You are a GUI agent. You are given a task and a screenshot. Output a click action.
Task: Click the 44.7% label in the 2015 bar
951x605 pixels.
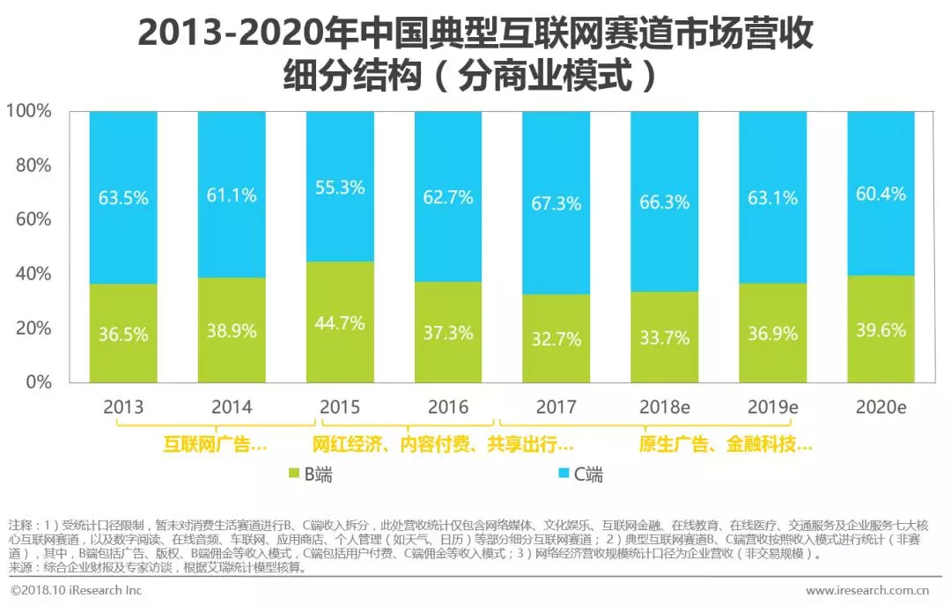coord(340,323)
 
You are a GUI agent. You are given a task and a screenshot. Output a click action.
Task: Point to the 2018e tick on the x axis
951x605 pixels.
coord(664,407)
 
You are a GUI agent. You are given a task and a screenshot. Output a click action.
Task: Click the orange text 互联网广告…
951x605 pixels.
coord(215,445)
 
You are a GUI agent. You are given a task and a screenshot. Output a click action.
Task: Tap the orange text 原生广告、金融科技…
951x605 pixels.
coord(726,445)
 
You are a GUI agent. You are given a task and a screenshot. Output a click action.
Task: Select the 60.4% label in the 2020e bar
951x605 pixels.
coord(881,194)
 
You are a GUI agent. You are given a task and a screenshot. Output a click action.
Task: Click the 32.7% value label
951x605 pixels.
coord(556,338)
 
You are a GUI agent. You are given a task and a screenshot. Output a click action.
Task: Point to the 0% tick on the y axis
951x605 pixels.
coord(40,382)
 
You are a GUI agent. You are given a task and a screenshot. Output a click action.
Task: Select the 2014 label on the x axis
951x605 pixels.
coord(232,407)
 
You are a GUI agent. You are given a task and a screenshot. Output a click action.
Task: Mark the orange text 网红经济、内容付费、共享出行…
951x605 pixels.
coord(444,445)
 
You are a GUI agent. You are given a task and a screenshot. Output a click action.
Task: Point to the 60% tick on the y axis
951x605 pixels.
coord(33,220)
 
